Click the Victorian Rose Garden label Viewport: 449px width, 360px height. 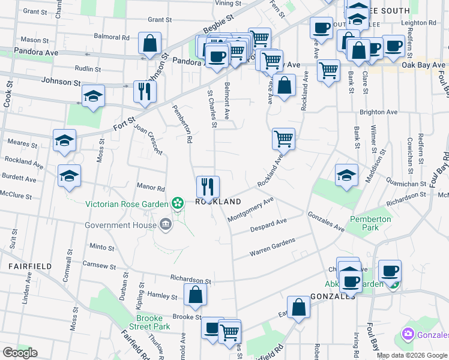pos(127,203)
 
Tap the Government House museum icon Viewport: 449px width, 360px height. pos(165,225)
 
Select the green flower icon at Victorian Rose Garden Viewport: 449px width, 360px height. pos(177,203)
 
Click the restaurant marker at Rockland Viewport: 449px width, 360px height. pos(208,186)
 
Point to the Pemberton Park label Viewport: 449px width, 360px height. pos(370,223)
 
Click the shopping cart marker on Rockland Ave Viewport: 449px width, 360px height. pos(283,139)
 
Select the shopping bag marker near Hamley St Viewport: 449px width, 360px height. pos(195,294)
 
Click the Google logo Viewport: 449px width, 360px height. pos(20,353)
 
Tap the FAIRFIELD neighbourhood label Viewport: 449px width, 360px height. pos(24,265)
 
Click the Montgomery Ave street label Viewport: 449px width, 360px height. pos(250,209)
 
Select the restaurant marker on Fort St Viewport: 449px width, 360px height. pos(144,91)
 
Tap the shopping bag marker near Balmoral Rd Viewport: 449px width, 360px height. pos(149,43)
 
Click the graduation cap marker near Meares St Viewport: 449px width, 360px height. pos(64,140)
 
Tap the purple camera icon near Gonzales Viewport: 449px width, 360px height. pos(408,333)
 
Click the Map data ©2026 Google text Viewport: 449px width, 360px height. pos(412,355)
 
